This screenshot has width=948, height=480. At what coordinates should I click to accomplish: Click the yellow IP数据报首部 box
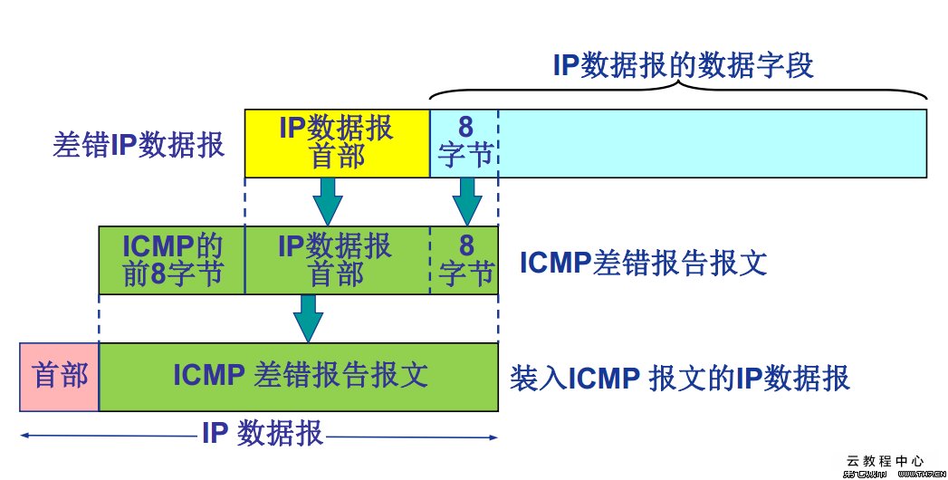[x=336, y=143]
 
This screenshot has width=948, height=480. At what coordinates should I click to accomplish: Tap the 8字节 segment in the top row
[x=464, y=143]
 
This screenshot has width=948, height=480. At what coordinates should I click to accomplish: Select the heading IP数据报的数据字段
[x=683, y=65]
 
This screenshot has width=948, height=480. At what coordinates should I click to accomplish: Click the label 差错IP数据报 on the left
[x=139, y=145]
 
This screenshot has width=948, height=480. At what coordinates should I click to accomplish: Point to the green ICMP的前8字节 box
[x=172, y=261]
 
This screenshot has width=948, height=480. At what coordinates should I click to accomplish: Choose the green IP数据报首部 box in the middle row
[x=336, y=261]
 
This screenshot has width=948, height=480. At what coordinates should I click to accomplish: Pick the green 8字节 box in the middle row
[x=464, y=261]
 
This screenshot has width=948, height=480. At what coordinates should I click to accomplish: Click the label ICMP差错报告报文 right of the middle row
[x=643, y=263]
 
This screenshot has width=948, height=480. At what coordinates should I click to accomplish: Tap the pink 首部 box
[x=60, y=376]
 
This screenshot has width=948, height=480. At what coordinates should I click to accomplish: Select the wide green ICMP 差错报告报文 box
[x=300, y=376]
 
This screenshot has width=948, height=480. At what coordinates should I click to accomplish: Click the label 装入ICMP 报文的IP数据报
[x=680, y=377]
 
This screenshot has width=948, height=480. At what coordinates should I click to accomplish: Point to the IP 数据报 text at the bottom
[x=262, y=435]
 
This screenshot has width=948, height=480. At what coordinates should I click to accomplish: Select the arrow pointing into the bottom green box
[x=309, y=319]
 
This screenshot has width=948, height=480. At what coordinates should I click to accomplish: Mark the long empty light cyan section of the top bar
[x=712, y=143]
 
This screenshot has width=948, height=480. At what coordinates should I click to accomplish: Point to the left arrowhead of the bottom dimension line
[x=24, y=437]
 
